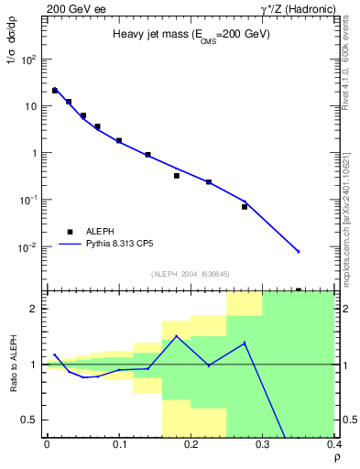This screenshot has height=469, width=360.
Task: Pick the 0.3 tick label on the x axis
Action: coord(263,444)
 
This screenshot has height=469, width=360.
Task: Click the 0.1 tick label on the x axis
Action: coord(119,444)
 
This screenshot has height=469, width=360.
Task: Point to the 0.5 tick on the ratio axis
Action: coord(32,420)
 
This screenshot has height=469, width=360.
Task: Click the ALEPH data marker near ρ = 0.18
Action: coord(177,175)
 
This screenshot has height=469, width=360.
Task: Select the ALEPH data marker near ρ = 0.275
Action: coord(245,207)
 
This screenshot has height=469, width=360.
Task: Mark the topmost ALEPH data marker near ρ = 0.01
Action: coord(55,91)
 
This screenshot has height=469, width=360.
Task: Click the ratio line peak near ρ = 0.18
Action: coord(177,336)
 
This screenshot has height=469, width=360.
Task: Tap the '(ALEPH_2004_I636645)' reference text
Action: coord(191,274)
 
